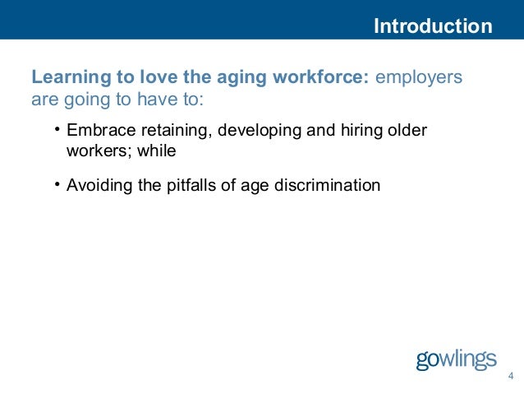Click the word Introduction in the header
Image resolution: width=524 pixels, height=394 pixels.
pos(433,26)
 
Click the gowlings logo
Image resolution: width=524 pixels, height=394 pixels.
pos(456,359)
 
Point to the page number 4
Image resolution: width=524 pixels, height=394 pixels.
pos(511,377)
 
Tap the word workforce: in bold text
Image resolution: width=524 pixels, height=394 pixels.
pos(324,78)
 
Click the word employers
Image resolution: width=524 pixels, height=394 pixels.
pos(419,78)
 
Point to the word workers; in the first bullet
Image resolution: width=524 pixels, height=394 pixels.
pos(99,151)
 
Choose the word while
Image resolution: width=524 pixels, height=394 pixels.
pos(157,151)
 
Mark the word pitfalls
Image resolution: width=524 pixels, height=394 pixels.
pos(194,185)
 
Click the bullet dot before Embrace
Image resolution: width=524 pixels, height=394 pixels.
pos(57,131)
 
